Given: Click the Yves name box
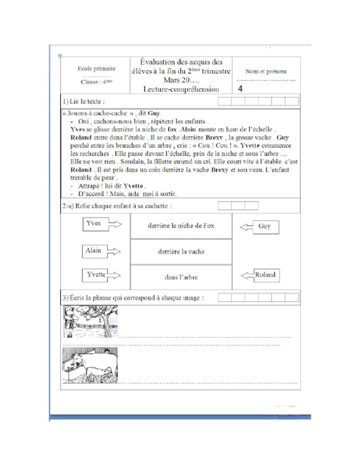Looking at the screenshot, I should [x=93, y=223].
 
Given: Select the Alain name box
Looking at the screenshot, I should [x=93, y=251].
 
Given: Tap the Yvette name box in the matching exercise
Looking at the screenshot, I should [x=96, y=275].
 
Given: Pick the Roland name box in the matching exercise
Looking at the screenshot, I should [x=265, y=275].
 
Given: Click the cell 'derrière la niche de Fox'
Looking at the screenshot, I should [x=181, y=226].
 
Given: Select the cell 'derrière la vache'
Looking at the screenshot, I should [x=181, y=252].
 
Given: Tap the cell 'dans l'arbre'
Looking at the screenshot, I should [x=181, y=277].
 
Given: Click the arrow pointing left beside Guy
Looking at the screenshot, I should [x=246, y=227].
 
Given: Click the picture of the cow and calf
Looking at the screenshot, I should [x=90, y=365].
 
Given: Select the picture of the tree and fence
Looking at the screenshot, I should [x=90, y=322].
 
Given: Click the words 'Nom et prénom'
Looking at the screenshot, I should [x=266, y=71].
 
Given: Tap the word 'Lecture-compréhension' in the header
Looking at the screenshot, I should [x=181, y=90].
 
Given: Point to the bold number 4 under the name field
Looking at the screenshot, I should [x=240, y=89].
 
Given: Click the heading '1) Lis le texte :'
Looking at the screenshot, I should [x=86, y=101].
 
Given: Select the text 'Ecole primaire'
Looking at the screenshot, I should [x=96, y=69].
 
